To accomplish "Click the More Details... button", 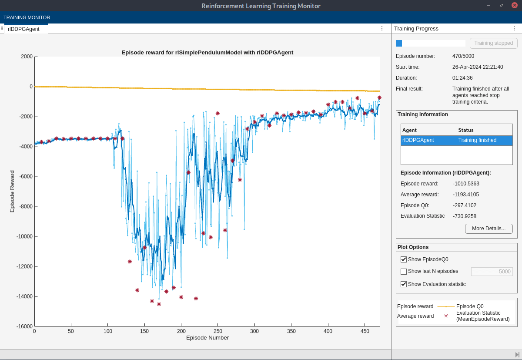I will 489,229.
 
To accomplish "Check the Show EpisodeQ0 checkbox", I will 404,259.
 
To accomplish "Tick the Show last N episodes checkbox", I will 404,272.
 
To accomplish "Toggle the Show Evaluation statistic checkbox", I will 404,284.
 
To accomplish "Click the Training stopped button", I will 493,43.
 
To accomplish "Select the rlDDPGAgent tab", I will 24,29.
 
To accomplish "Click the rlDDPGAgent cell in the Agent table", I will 428,140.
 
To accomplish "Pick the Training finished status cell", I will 484,140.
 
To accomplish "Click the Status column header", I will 484,130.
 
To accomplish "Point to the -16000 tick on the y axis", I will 24,326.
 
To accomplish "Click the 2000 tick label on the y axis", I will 27,57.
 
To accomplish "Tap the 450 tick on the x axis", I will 365,331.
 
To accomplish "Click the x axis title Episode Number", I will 207,338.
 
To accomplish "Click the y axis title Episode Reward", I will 12,191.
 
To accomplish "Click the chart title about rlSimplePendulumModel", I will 207,53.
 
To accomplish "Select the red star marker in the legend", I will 446,316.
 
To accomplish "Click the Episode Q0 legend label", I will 470,306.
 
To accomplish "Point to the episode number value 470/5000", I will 463,56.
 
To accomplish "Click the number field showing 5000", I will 492,272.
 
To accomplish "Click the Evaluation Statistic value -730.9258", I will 465,216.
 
